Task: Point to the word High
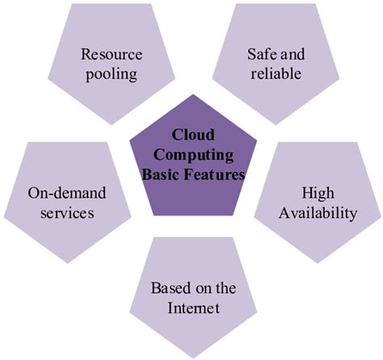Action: click(318, 195)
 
